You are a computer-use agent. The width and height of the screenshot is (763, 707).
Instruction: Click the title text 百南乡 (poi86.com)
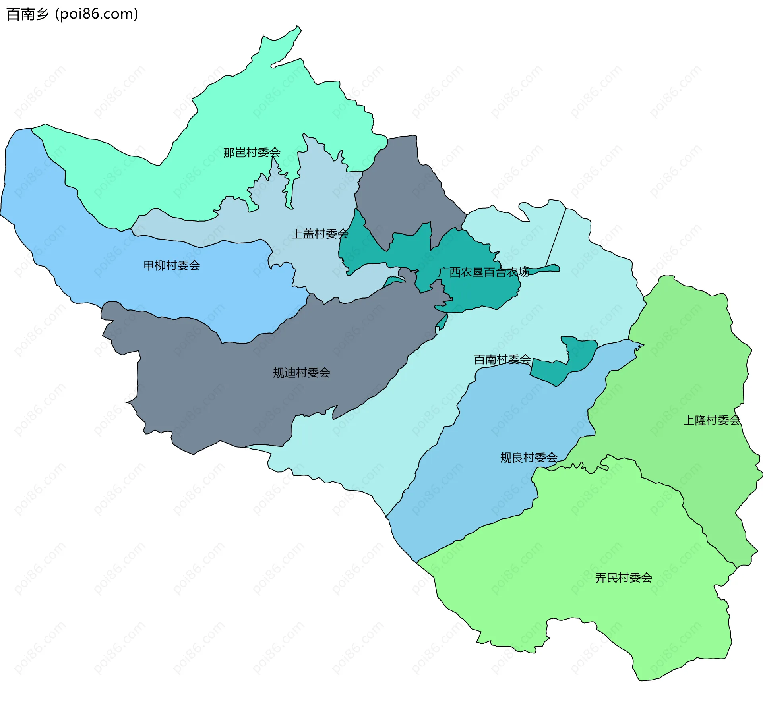[72, 14]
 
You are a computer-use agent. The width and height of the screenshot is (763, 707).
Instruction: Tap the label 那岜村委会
[252, 153]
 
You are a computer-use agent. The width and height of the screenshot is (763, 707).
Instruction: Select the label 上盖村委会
[320, 234]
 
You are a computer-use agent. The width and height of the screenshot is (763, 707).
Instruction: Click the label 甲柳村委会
[172, 265]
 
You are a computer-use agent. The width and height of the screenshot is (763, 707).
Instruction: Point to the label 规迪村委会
[302, 373]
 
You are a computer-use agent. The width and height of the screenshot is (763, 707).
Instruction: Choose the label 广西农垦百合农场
[483, 272]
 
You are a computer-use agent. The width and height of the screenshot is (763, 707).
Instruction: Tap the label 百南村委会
[502, 359]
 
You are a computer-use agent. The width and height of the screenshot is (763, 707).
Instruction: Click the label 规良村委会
[529, 458]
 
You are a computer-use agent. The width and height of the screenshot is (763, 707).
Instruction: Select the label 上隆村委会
[711, 420]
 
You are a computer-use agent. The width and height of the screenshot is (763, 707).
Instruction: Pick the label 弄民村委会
[624, 578]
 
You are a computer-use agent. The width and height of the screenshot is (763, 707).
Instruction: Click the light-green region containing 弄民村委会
[596, 536]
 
